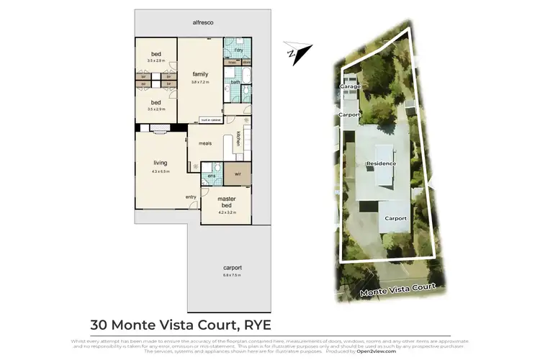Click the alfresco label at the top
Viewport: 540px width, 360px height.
click(203, 23)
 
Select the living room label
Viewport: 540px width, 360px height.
click(160, 163)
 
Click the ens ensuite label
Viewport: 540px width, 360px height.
click(212, 175)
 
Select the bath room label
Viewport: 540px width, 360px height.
click(235, 82)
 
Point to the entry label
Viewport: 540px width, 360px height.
click(191, 197)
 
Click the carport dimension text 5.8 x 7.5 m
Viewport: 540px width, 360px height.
click(232, 275)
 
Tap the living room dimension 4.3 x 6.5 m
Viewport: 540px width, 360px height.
click(160, 171)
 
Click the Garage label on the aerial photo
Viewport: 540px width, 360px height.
click(350, 86)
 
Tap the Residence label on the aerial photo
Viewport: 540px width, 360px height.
click(382, 163)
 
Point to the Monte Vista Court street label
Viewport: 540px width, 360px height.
click(397, 290)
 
